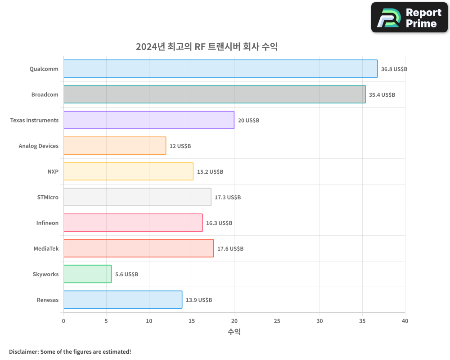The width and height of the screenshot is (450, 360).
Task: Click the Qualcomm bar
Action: click(x=220, y=69)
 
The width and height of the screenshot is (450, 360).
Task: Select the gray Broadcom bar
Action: click(x=214, y=94)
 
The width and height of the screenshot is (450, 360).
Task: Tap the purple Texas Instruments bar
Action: click(x=148, y=120)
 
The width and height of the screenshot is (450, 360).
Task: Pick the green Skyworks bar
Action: click(x=87, y=274)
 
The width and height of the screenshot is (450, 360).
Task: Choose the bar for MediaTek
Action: click(x=139, y=248)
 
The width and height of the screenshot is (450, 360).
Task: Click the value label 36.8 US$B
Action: click(x=394, y=69)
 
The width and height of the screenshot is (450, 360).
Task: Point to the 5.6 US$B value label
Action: click(x=126, y=274)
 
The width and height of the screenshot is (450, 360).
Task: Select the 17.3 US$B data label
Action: click(x=227, y=198)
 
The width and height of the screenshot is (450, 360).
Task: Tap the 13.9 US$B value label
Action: click(x=198, y=300)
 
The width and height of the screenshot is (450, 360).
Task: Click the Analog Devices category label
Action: click(x=39, y=146)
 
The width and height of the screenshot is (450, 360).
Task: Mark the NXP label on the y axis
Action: click(x=53, y=171)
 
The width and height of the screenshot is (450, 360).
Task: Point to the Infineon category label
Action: click(x=47, y=223)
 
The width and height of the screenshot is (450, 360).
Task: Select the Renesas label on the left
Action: click(x=48, y=300)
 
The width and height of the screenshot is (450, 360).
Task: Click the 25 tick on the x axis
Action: click(x=277, y=321)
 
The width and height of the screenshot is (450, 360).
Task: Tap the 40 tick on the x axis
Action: click(x=405, y=321)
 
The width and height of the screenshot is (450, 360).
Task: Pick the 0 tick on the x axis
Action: click(x=63, y=321)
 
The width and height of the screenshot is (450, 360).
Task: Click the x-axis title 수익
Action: click(x=234, y=332)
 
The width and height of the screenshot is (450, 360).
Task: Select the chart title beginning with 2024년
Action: click(x=207, y=47)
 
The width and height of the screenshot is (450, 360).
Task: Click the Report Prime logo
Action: click(x=409, y=18)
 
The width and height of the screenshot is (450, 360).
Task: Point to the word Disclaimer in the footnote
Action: click(x=23, y=351)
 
